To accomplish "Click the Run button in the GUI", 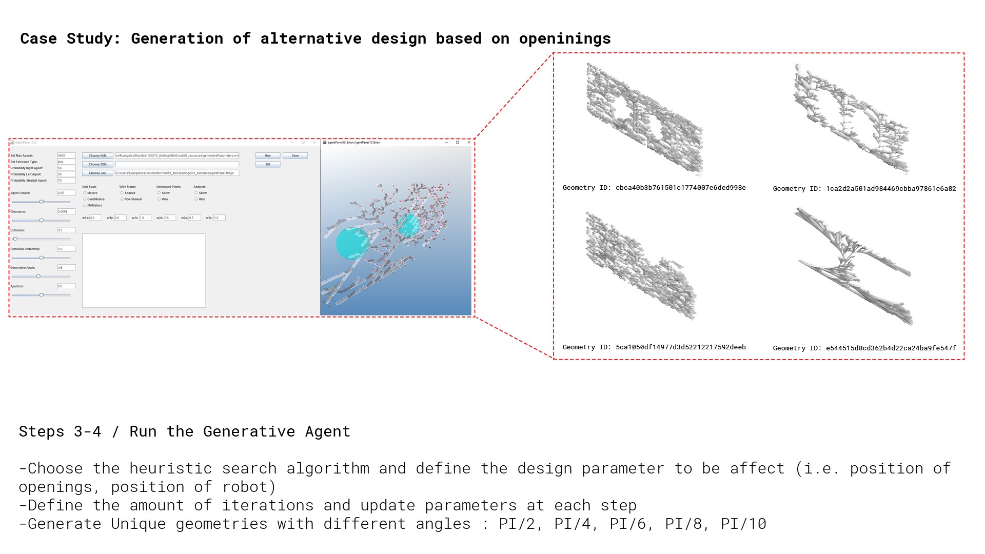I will pos(268,155).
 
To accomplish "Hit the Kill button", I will pos(268,164).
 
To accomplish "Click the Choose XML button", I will pos(97,155).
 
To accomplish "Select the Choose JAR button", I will pos(97,173).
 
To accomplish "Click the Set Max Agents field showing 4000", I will pos(66,155).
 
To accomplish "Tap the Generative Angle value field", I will pos(66,267).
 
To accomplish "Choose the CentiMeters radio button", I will pos(85,199).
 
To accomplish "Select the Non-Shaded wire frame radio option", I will pos(122,199).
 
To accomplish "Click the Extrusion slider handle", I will pos(15,239).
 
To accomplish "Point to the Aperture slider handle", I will pos(42,295).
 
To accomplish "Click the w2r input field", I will pos(219,217).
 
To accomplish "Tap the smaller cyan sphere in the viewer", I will pos(409,225).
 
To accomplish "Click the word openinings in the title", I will pos(565,39).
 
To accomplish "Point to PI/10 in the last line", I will pos(743,524).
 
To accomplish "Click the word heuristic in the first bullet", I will pos(170,468).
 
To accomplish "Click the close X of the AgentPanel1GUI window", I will pos(314,142).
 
